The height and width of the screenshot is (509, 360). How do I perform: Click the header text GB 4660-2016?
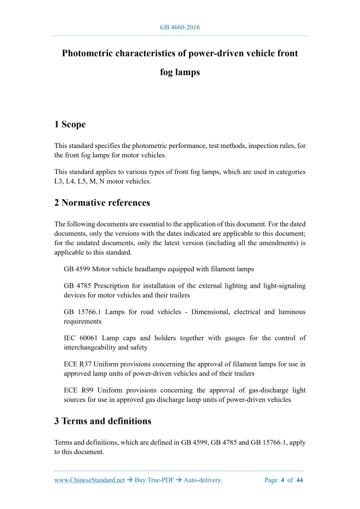tap(180, 27)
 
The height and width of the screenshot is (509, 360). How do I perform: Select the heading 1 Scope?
tap(70, 124)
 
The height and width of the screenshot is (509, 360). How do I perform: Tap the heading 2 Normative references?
tap(102, 203)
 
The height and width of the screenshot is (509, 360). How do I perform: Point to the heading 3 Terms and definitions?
tap(103, 421)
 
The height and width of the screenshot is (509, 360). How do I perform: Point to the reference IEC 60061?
tap(82, 338)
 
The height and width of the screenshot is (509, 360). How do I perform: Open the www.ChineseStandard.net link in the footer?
tap(89, 480)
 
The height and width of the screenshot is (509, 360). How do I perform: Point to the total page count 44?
tap(299, 480)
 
